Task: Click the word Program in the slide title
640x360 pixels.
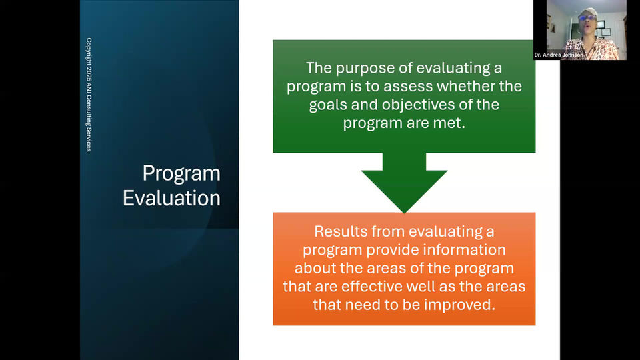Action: [181, 174]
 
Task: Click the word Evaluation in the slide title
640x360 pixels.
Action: [171, 198]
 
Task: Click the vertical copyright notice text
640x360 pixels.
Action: [89, 95]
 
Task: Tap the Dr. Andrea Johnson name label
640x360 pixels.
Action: [559, 55]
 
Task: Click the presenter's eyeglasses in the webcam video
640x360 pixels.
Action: [587, 18]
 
